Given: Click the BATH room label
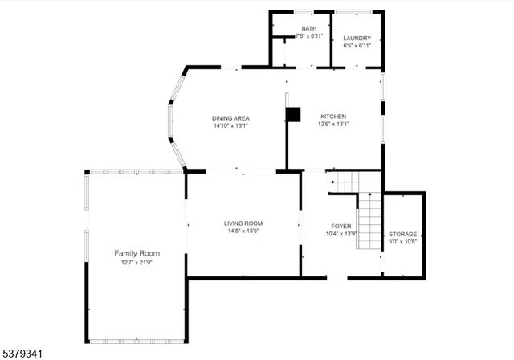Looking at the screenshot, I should click(x=309, y=28).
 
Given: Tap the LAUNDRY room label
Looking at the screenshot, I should click(x=357, y=39).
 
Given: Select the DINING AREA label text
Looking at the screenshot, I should click(x=230, y=118).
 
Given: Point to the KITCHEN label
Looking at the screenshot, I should click(x=333, y=116).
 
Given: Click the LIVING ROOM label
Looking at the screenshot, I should click(x=243, y=223).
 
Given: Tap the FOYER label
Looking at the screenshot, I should click(x=341, y=227).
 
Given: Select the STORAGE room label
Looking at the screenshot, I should click(x=402, y=234).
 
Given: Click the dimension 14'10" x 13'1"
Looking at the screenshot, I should click(x=230, y=125).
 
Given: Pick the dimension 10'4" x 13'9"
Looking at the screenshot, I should click(x=341, y=234).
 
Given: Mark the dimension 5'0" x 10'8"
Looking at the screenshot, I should click(x=402, y=241).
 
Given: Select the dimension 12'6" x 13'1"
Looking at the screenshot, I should click(x=333, y=124).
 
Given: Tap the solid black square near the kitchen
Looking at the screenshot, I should click(x=293, y=114).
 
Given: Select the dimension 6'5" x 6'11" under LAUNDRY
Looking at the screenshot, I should click(x=357, y=46).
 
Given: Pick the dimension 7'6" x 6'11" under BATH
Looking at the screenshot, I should click(x=309, y=36).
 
